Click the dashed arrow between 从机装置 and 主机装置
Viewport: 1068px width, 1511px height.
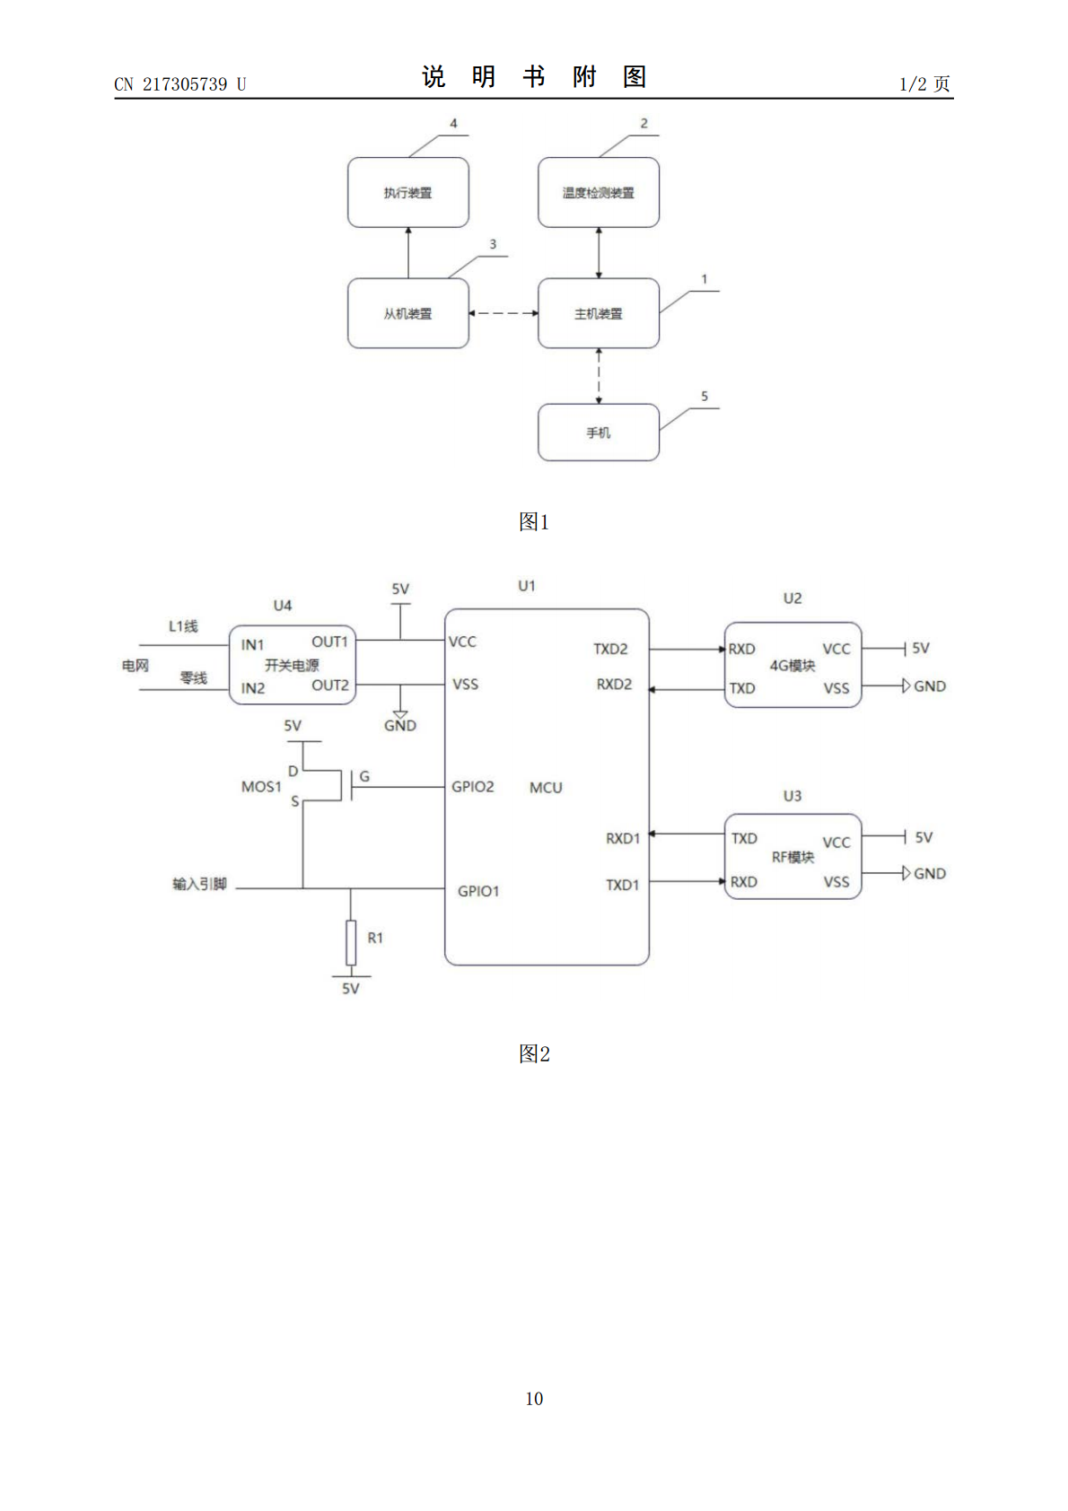[x=503, y=313]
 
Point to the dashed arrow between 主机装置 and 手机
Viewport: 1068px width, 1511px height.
[x=599, y=376]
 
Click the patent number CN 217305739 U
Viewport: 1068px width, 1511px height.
[x=179, y=84]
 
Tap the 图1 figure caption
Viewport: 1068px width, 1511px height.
[x=534, y=521]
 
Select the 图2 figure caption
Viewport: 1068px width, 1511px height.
[x=534, y=1053]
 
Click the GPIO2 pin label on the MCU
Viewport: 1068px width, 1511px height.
[x=472, y=787]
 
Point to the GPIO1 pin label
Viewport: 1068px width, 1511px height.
[x=478, y=891]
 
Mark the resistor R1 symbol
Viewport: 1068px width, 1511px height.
[x=351, y=942]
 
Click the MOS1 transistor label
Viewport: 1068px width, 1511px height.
[x=261, y=787]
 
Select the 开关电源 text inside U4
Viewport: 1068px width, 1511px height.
[x=292, y=665]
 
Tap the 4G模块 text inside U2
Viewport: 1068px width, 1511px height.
[x=792, y=666]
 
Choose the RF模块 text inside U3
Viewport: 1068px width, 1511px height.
[x=792, y=858]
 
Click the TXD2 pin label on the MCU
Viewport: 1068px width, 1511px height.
[x=610, y=649]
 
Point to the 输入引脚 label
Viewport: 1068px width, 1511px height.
[x=200, y=884]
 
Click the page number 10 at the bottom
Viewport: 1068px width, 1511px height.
[x=534, y=1399]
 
